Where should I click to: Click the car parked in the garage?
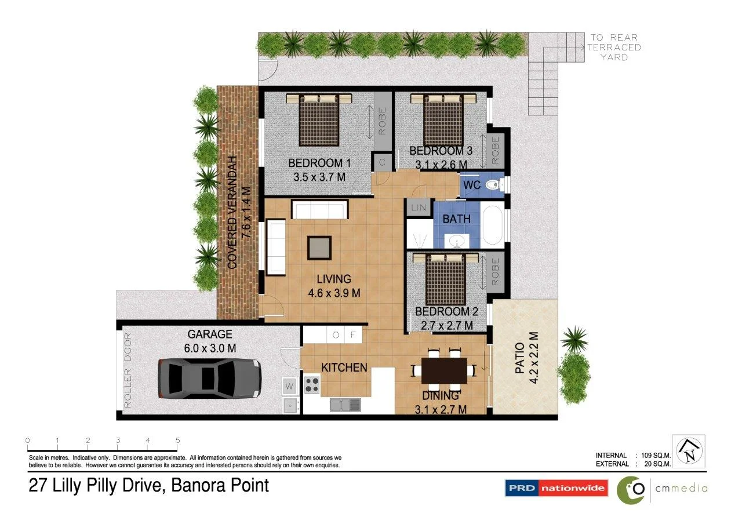pyautogui.click(x=209, y=379)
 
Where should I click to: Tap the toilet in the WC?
pyautogui.click(x=492, y=185)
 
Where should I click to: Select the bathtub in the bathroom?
pyautogui.click(x=494, y=225)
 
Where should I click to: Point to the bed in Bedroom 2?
pyautogui.click(x=446, y=279)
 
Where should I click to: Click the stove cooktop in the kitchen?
pyautogui.click(x=312, y=384)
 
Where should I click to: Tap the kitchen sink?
pyautogui.click(x=345, y=404)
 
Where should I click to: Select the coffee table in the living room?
pyautogui.click(x=319, y=248)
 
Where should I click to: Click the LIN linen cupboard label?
pyautogui.click(x=418, y=208)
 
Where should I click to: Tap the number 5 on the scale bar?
pyautogui.click(x=177, y=441)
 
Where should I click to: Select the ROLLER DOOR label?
pyautogui.click(x=128, y=370)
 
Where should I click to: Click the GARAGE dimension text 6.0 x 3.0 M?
pyautogui.click(x=210, y=348)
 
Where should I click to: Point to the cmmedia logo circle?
pyautogui.click(x=632, y=489)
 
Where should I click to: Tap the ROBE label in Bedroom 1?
pyautogui.click(x=382, y=121)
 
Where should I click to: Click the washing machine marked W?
pyautogui.click(x=289, y=385)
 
